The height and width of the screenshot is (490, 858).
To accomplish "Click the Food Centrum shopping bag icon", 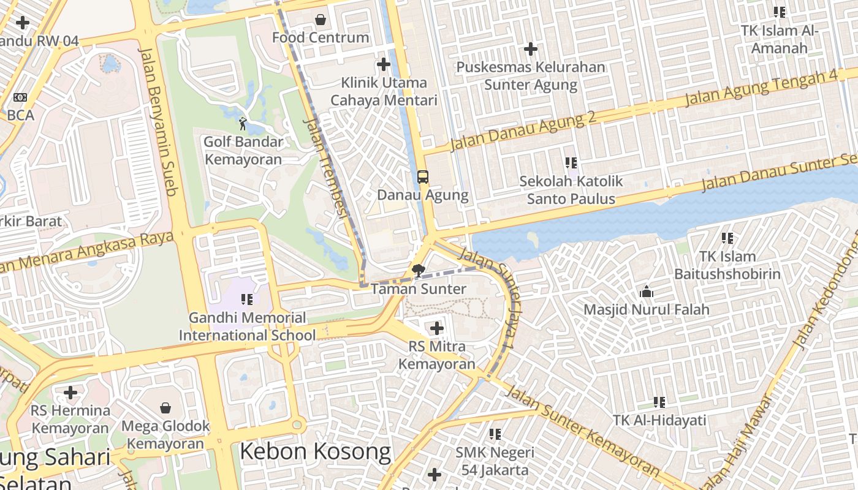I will click(x=320, y=20).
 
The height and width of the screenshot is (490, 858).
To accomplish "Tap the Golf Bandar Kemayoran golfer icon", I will click(x=243, y=124).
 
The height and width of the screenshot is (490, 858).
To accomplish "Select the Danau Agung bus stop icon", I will click(x=423, y=177).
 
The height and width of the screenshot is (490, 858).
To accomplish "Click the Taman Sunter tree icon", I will click(x=419, y=270).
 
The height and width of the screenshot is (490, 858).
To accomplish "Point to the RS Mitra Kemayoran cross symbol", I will click(x=436, y=328).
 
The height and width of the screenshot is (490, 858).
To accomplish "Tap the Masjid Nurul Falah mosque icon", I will click(x=646, y=292).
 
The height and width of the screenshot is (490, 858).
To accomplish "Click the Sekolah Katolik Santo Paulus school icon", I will click(x=571, y=163).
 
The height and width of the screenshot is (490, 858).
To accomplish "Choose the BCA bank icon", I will click(x=20, y=97).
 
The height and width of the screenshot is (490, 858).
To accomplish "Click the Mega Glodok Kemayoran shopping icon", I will click(x=165, y=408).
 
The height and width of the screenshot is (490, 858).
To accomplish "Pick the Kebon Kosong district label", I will click(x=315, y=451).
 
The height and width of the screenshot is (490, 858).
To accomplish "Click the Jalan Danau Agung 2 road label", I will click(x=523, y=132).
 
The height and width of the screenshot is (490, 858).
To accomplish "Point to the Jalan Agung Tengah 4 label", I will click(x=761, y=88).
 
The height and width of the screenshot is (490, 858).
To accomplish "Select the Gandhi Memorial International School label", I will click(x=247, y=326).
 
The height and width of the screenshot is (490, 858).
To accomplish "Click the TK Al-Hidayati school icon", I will click(x=659, y=402).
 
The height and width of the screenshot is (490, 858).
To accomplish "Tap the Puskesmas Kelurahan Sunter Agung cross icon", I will click(x=531, y=49).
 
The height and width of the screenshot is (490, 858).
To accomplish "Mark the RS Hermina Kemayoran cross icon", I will click(x=70, y=392).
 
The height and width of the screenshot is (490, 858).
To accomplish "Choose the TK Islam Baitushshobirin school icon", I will click(x=727, y=238).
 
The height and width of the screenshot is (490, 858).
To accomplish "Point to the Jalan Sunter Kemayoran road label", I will click(x=582, y=431).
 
